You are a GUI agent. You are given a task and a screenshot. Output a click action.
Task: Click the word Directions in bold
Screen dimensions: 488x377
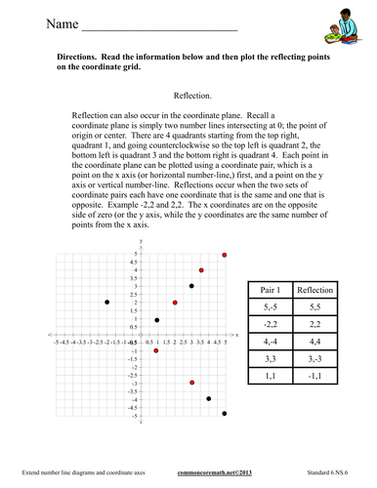tap(83, 60)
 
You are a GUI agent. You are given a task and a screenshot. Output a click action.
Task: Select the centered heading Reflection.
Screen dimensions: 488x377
tap(192, 97)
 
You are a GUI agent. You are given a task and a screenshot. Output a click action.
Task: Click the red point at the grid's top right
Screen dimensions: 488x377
tap(225, 255)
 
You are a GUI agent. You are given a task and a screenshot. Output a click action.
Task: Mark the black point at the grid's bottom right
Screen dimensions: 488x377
tap(225, 414)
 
